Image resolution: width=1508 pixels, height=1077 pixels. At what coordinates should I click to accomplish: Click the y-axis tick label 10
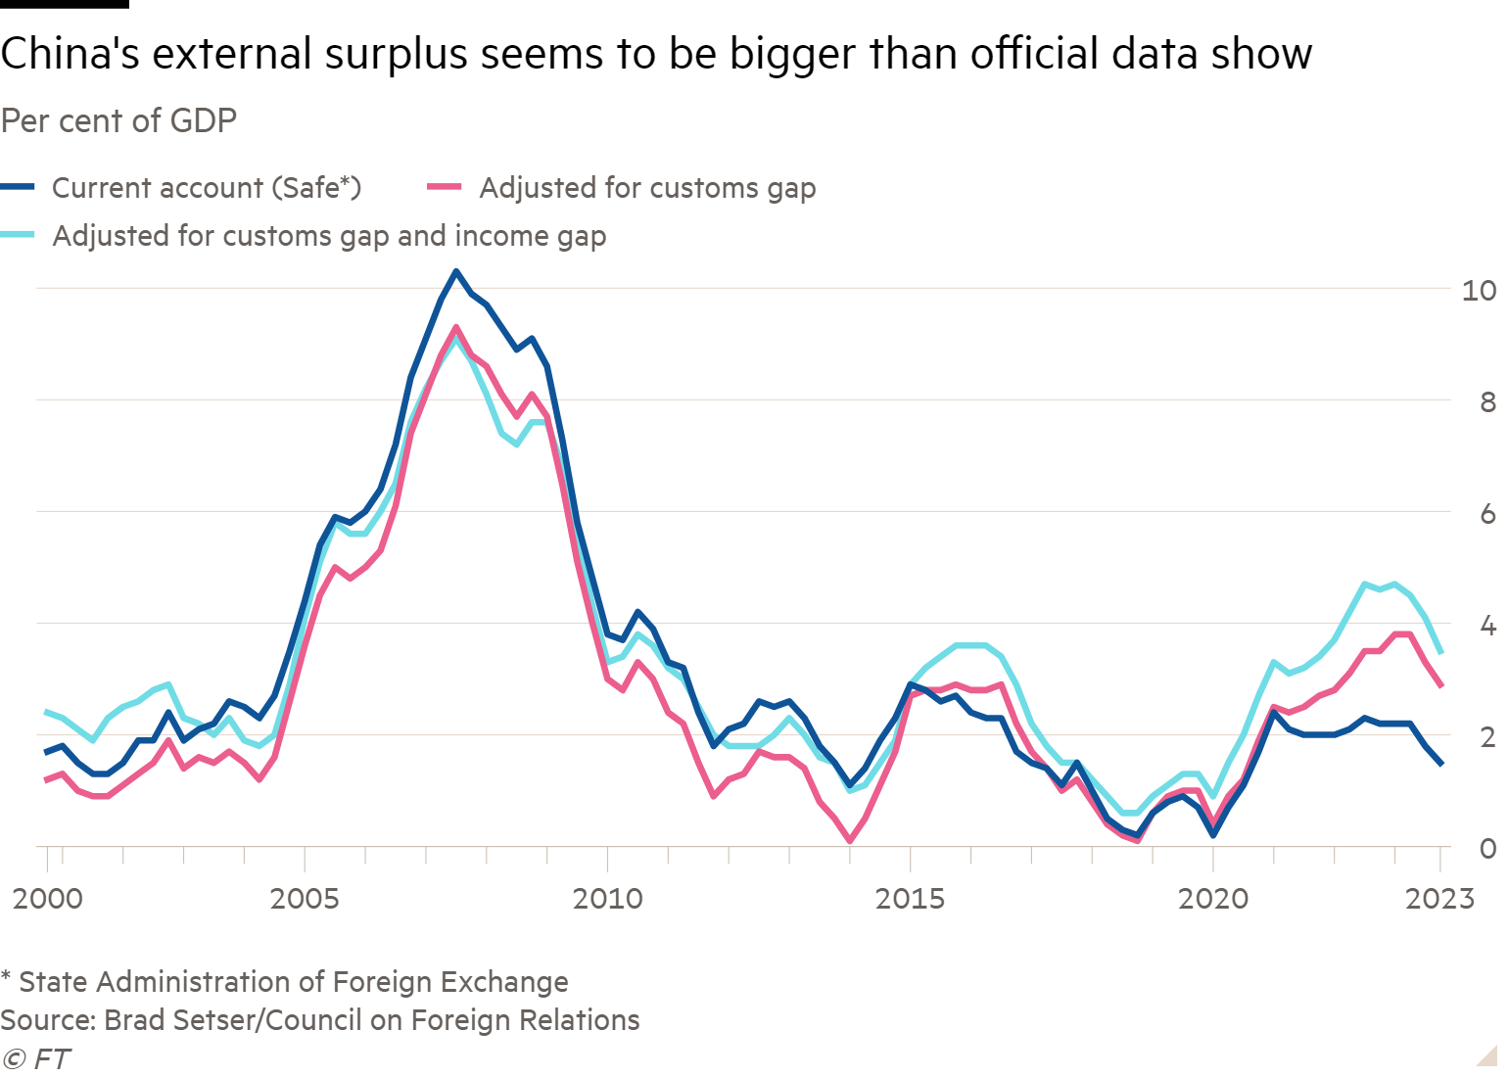[1479, 290]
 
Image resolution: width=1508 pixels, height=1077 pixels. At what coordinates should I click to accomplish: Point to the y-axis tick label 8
[1487, 401]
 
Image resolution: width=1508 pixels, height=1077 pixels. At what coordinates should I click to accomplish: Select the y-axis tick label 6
[1487, 513]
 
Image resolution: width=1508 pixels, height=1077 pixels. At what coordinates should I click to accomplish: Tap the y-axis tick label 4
[1487, 625]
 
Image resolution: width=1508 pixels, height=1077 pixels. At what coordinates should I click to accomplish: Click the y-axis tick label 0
[1487, 848]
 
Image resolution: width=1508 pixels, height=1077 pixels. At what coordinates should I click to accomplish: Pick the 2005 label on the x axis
[305, 898]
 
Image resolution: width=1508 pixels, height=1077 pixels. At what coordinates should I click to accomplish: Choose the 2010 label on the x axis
[607, 898]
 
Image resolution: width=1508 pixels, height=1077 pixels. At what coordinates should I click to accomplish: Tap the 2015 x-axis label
[911, 898]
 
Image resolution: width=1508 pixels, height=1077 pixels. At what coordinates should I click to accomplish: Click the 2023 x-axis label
[1439, 898]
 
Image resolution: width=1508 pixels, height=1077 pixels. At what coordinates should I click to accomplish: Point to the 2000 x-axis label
[47, 898]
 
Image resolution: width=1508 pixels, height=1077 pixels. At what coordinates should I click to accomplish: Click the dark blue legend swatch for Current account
[19, 187]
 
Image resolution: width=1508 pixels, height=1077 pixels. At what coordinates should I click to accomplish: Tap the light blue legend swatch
[19, 236]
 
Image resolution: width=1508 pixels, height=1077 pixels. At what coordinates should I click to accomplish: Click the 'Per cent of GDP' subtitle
[118, 120]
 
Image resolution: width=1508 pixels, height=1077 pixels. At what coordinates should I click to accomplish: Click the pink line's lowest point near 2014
[849, 840]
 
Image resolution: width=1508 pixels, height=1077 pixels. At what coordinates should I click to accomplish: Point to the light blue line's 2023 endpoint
[1440, 652]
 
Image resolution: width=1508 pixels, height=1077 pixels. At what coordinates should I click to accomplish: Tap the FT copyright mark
[36, 1059]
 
